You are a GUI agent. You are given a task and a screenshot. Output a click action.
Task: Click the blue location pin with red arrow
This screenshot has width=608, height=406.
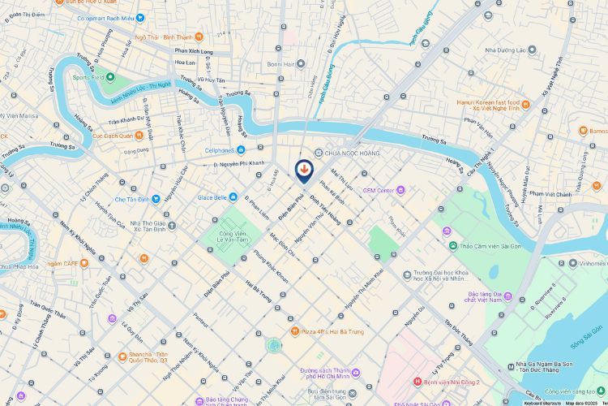pos(303,169)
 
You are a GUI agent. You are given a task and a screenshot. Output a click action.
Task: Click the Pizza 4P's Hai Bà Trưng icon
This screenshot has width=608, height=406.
pos(295,331)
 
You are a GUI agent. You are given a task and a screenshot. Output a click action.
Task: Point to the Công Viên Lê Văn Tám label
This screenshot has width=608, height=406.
pos(233,235)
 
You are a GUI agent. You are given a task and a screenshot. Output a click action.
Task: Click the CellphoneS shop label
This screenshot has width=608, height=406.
pos(225,149)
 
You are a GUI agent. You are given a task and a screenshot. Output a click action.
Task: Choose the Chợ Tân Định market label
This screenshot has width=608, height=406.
pos(132,199)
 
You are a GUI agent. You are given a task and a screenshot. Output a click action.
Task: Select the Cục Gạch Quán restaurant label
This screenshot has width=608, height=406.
pos(112,136)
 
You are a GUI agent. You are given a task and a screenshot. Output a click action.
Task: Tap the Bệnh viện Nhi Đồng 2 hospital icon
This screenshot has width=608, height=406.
pos(417,382)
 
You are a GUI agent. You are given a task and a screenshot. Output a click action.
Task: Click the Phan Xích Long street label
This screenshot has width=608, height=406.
pos(193,51)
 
